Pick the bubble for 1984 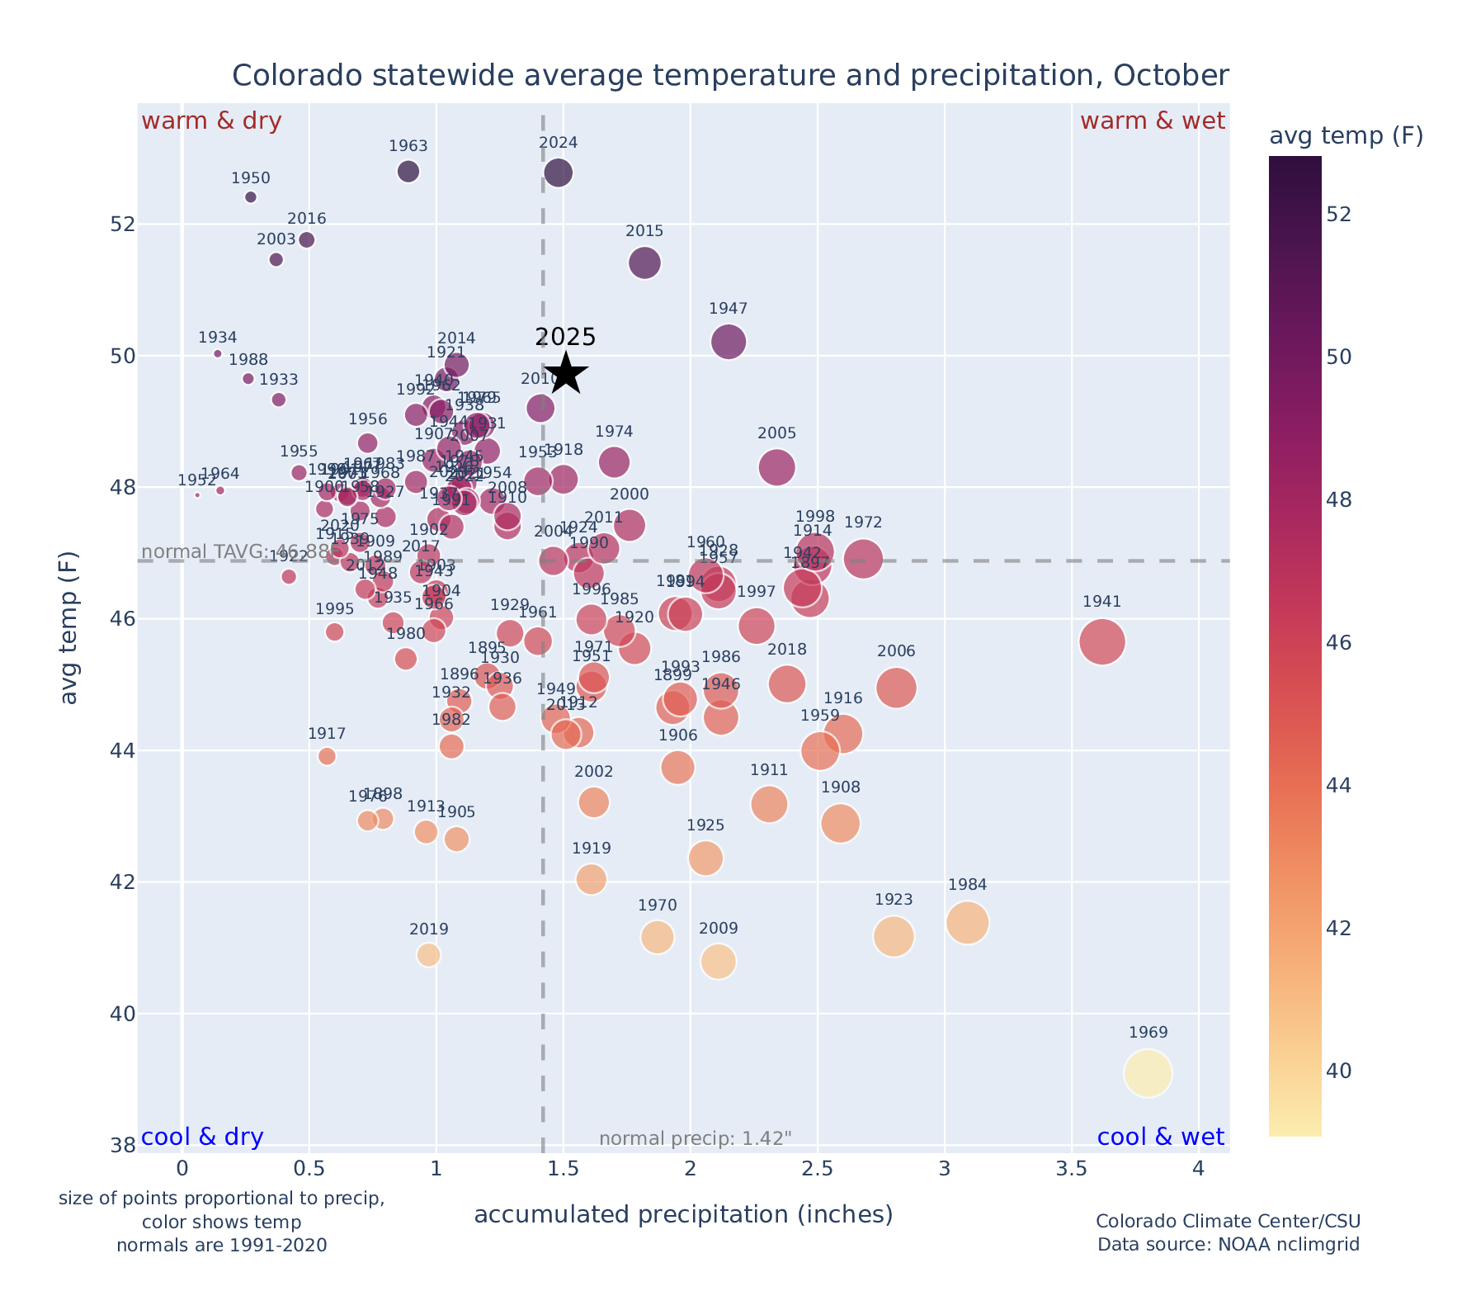coord(968,922)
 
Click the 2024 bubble coord(559,173)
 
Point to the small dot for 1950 coord(251,197)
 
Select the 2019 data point coord(428,955)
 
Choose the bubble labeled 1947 coord(729,342)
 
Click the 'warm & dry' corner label coord(211,121)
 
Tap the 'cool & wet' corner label coord(1160,1137)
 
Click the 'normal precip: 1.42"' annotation coord(695,1139)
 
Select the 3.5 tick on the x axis coord(1071,1169)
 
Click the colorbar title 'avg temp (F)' coord(1346,136)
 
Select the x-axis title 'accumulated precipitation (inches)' coord(683,1214)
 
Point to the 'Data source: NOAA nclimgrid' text coord(1228,1244)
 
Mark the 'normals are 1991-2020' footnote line coord(221,1245)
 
